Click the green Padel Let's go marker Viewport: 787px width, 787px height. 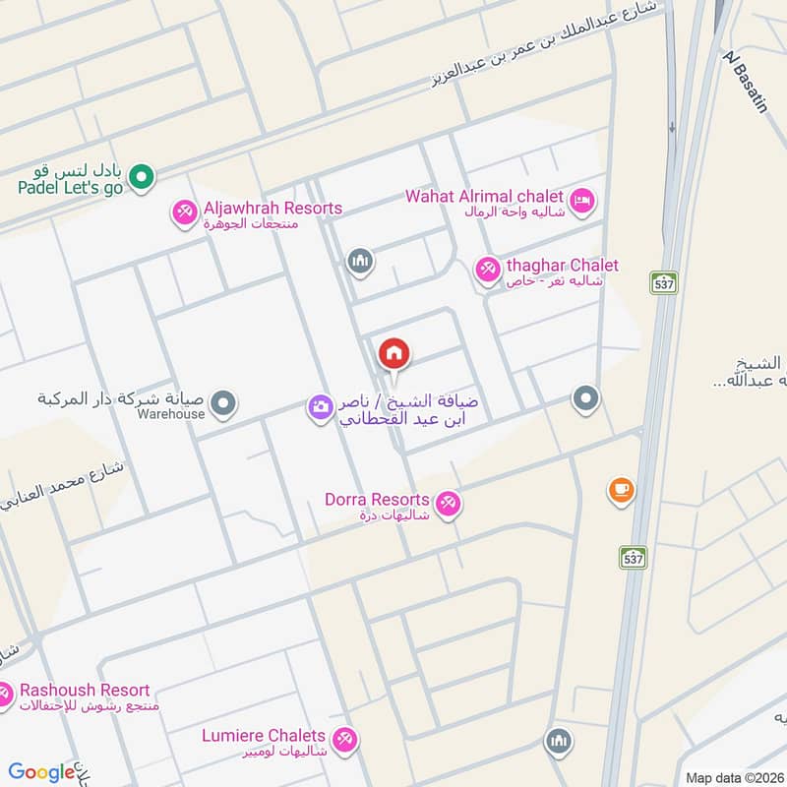tap(142, 177)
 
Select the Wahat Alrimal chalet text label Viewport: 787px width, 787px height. tap(484, 196)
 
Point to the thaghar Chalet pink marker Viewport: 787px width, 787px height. tap(487, 269)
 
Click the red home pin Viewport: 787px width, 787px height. tap(393, 353)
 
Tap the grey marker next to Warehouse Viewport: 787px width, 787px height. tap(225, 402)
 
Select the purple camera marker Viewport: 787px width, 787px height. tap(319, 406)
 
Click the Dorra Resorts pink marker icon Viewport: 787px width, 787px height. tap(449, 504)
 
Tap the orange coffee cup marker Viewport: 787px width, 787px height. tap(621, 490)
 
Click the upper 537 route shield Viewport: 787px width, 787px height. tap(664, 282)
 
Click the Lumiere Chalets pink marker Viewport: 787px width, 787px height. tap(344, 741)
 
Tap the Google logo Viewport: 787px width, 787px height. tap(41, 772)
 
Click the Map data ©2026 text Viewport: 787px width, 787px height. tap(733, 777)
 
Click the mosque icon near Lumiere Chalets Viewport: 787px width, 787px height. tap(559, 741)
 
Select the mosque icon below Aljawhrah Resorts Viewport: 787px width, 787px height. tap(358, 261)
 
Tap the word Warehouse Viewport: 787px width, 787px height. tap(171, 414)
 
